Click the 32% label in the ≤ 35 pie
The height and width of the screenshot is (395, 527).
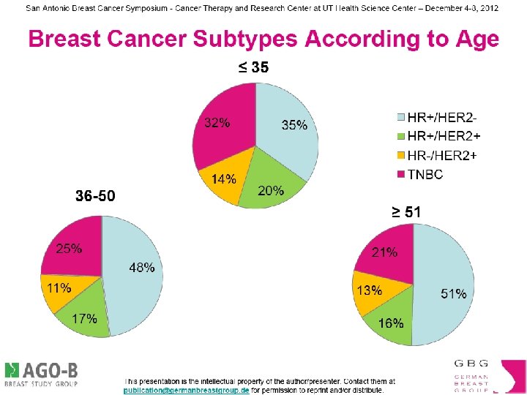coord(217,123)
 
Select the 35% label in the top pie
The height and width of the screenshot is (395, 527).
coord(294,125)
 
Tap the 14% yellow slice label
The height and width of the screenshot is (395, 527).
coord(223,179)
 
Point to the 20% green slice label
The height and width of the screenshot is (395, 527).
coord(271,190)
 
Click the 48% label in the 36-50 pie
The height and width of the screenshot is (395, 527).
coord(142,268)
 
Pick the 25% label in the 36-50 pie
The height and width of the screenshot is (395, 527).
coord(69,249)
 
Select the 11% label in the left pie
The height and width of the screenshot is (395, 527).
coord(59,287)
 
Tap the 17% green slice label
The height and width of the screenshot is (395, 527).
coord(84,319)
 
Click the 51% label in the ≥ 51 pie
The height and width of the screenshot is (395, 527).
coord(453,293)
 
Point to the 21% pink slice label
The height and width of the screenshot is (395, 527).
coord(384,252)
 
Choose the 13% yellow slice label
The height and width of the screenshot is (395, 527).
coord(369,290)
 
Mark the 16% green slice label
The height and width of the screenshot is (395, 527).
coord(391,323)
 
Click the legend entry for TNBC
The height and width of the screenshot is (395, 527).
coord(425,174)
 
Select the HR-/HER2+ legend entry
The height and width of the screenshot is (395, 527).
coord(441,155)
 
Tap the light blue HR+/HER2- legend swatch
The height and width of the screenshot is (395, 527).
coord(400,116)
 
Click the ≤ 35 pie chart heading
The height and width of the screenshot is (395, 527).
coord(253,68)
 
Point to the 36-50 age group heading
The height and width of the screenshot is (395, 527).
coord(95,196)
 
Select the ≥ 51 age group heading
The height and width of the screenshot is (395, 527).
coord(405,212)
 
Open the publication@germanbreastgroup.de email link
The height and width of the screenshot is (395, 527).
coord(187,391)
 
